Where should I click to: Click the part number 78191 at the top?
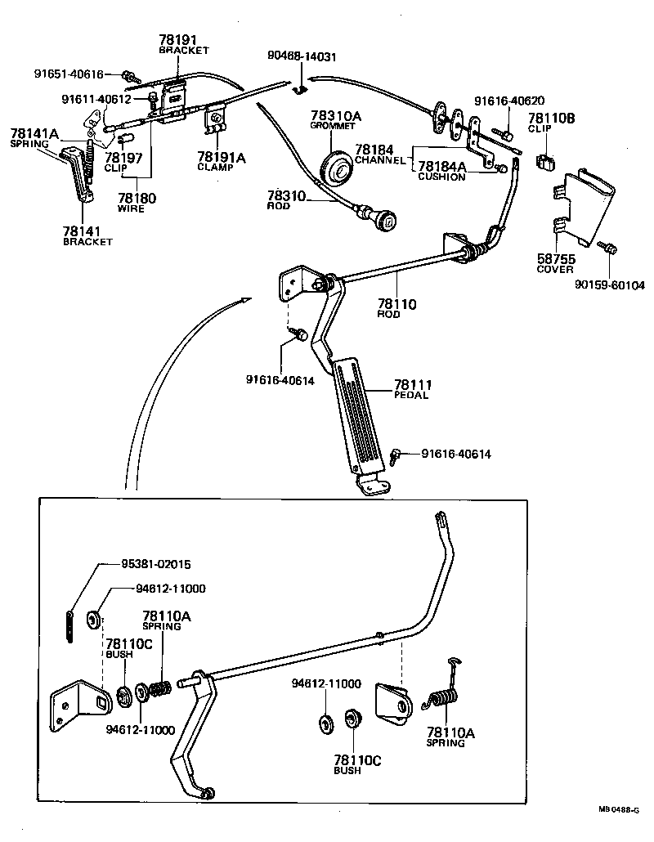point(178,39)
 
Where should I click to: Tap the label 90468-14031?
point(302,56)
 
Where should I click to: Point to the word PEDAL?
point(412,396)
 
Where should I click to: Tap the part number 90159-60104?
point(610,285)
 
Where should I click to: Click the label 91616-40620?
point(509,101)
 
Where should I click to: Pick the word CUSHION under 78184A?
point(441,177)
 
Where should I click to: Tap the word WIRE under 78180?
point(131,208)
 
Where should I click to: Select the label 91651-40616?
point(69,74)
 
